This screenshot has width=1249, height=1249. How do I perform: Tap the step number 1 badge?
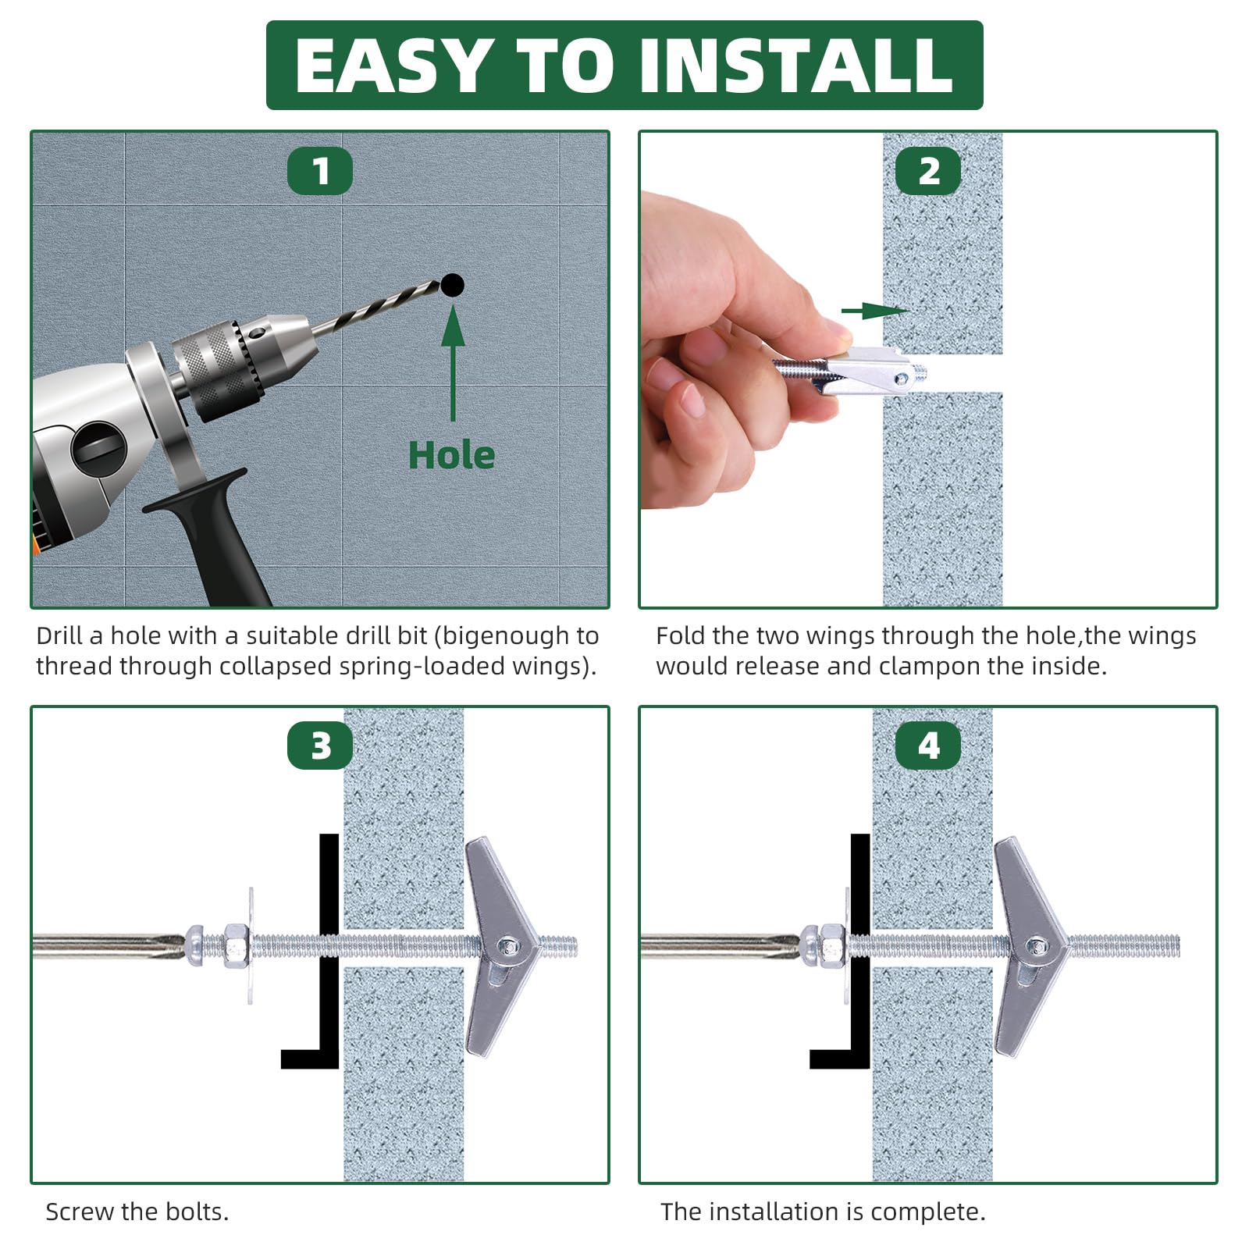(x=320, y=171)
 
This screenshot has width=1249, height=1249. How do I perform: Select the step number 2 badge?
(x=928, y=171)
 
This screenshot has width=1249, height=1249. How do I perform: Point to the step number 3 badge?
(x=320, y=745)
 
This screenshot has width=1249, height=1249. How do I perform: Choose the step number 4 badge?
(x=928, y=745)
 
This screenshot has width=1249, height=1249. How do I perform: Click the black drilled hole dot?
(x=452, y=286)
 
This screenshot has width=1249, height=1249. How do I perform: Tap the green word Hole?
(x=452, y=455)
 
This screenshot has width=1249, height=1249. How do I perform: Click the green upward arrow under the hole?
(x=453, y=363)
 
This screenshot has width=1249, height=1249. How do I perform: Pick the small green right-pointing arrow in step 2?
(x=875, y=311)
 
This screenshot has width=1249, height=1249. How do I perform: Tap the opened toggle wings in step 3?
(x=500, y=946)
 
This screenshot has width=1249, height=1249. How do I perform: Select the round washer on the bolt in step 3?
(x=250, y=945)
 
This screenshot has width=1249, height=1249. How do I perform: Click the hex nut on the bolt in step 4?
(x=832, y=946)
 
